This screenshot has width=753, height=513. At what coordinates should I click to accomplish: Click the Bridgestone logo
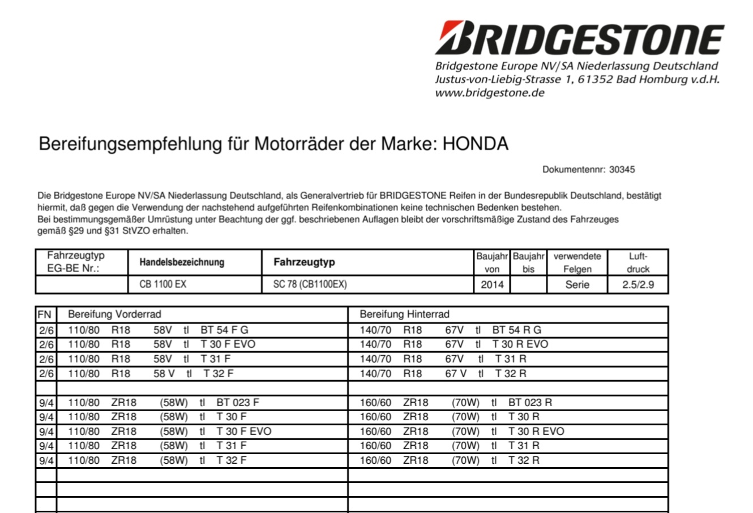coord(579,38)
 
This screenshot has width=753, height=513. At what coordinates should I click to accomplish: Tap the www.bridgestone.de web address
coord(490,93)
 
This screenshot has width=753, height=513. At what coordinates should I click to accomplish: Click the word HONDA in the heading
coord(475,144)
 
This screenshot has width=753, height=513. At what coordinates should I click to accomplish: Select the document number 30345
coord(623,169)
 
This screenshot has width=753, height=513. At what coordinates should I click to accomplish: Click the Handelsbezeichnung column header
coord(182,262)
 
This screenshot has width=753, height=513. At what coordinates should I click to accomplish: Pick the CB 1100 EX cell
coord(162,284)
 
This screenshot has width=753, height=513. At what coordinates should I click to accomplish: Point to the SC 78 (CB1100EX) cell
coord(310,284)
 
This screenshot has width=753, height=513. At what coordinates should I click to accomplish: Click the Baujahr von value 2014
coord(492,284)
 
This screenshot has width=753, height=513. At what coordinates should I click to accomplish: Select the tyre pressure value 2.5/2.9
coord(638,284)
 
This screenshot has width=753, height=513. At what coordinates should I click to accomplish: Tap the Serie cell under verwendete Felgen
coord(577,284)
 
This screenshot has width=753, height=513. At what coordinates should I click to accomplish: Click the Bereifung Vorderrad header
coord(114,314)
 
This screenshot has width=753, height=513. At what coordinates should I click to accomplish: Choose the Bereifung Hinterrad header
coord(404,314)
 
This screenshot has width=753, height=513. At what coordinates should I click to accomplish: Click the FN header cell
coord(45,314)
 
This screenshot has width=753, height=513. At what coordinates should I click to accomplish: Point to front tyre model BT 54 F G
coord(224,330)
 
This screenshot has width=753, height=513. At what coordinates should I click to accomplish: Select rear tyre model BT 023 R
coord(530,403)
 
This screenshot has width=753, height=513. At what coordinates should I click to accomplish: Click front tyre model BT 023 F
coord(238,403)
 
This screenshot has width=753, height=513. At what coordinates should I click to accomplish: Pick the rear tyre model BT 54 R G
coord(516,330)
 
